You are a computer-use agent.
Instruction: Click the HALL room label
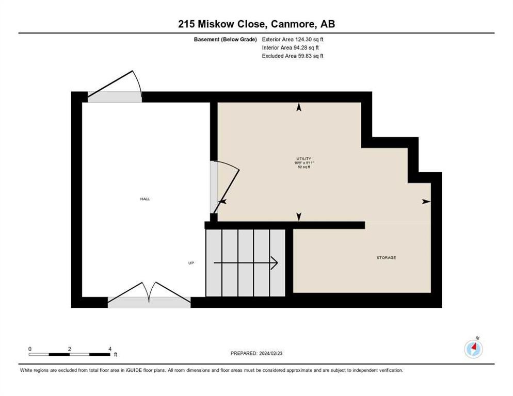click(145, 199)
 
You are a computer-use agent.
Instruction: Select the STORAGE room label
click(386, 257)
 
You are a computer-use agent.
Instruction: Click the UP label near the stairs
click(191, 263)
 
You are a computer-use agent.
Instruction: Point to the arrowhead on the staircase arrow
click(274, 263)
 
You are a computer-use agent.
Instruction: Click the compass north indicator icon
click(473, 349)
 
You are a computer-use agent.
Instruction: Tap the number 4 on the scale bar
click(110, 349)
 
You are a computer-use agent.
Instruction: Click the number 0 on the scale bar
click(30, 349)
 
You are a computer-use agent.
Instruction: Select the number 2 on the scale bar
click(70, 349)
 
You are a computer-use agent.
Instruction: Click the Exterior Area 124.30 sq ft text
click(293, 39)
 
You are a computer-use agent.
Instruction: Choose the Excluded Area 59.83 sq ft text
click(293, 56)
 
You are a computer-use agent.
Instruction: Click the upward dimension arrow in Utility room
click(298, 107)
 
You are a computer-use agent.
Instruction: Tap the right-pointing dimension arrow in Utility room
click(426, 201)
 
